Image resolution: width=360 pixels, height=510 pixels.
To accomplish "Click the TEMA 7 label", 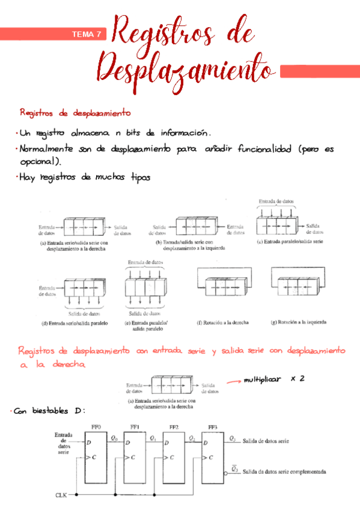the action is click(87, 34).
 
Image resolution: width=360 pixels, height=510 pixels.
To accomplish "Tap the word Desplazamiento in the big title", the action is click(183, 67).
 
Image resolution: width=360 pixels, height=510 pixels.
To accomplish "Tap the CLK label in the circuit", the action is click(61, 494).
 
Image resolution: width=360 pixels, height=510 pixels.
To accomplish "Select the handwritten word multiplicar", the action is click(262, 379).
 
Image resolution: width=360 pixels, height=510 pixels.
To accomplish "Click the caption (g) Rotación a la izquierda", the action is click(299, 322).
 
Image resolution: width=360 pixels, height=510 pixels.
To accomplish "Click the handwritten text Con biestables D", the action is click(50, 411).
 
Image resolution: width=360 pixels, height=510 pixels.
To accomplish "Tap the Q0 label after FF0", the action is click(115, 438).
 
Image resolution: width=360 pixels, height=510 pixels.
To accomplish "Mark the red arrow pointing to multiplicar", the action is click(233, 381).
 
